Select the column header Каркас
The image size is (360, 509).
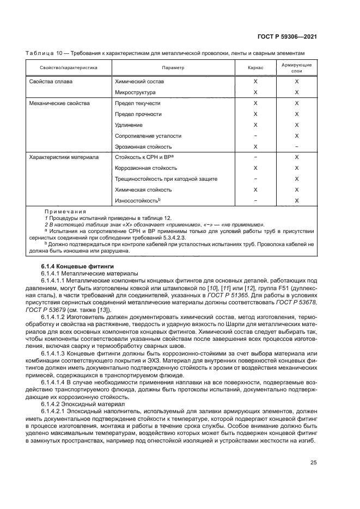(255, 68)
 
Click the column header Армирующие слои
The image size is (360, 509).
(296, 68)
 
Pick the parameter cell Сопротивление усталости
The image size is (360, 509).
(148, 136)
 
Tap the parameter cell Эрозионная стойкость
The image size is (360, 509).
(143, 146)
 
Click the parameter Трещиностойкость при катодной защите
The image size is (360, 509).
(166, 179)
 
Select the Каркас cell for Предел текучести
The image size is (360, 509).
(255, 103)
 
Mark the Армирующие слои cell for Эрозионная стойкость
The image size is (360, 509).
(296, 146)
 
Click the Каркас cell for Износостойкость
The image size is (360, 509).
(255, 201)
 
